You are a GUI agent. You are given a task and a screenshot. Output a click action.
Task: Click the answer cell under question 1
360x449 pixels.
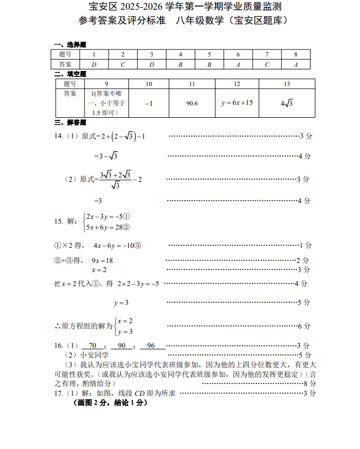coord(94,65)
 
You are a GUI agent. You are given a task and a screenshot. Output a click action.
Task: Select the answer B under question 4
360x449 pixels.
coord(181,65)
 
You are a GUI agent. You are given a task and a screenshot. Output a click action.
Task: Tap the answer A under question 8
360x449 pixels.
coord(296,65)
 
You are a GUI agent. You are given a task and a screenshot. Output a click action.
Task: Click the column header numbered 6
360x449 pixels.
coord(238,54)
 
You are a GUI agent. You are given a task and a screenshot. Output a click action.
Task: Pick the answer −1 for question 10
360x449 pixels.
coord(149,103)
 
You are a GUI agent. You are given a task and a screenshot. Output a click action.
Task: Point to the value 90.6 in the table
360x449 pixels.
coord(192,103)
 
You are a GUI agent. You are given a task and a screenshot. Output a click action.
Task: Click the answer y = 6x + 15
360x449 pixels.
coord(236,103)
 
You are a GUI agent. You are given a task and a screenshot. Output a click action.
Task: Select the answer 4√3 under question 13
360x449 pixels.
coord(286,103)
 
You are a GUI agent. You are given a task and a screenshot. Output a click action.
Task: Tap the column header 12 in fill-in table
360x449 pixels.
coord(236,84)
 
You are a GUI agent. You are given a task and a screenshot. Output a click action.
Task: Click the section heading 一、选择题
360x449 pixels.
coord(70,45)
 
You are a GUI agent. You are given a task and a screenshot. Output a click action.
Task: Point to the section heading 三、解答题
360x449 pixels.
coord(70,123)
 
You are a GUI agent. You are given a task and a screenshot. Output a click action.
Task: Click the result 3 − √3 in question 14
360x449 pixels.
coord(106,156)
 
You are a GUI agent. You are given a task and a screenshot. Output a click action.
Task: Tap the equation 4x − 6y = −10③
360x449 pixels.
coord(117,246)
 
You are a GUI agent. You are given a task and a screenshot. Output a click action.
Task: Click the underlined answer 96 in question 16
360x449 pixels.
coord(151,346)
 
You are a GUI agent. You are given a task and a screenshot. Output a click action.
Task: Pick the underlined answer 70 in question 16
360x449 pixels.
coord(92,346)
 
